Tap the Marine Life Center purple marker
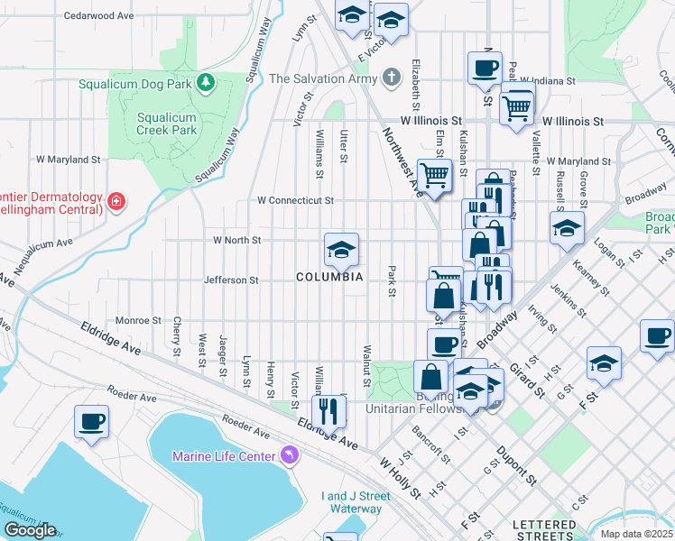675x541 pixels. coord(289,456)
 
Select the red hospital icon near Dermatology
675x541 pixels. coord(116,200)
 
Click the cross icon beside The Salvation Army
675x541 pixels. coord(391,78)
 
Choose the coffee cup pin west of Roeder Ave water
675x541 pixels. coord(92,422)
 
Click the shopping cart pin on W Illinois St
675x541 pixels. coord(516,107)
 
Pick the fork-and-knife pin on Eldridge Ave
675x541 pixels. coord(328,412)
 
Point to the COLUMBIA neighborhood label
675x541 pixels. coord(329,278)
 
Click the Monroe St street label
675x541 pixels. coord(138,320)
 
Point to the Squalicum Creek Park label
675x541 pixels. coord(166,124)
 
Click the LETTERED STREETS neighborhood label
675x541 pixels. coord(544,529)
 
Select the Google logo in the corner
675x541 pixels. coord(30,530)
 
